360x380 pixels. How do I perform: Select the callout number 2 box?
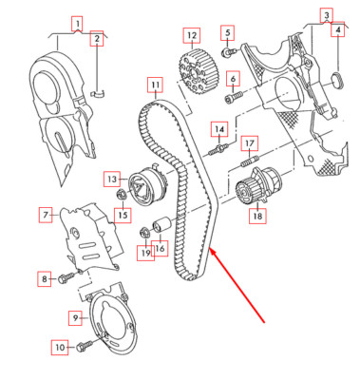coord(96,39)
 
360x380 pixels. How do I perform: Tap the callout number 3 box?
coord(326,15)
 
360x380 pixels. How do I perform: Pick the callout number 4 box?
coord(336,31)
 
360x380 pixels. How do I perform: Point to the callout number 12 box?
coord(192,37)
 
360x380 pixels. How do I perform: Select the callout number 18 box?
coord(256,217)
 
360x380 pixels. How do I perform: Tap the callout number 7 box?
coord(44,216)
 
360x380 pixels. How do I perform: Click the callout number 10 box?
coord(59,348)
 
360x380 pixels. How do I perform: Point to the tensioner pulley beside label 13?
coord(148,180)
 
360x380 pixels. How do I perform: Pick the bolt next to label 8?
coord(67,277)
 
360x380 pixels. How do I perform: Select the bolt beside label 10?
coord(85,346)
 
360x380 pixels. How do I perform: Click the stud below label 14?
coord(220,149)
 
